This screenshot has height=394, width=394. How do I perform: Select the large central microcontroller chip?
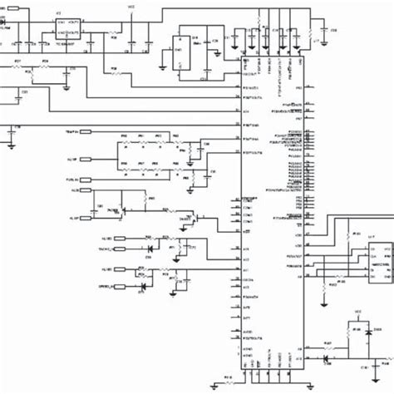[x=273, y=208]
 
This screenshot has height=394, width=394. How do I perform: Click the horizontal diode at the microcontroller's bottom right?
[x=326, y=359]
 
